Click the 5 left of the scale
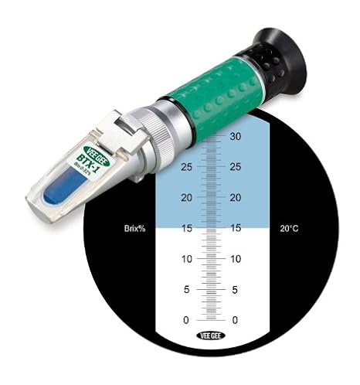pyautogui.click(x=187, y=289)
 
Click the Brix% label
pyautogui.click(x=135, y=228)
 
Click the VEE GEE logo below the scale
pyautogui.click(x=212, y=336)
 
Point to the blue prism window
pyautogui.click(x=62, y=186)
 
